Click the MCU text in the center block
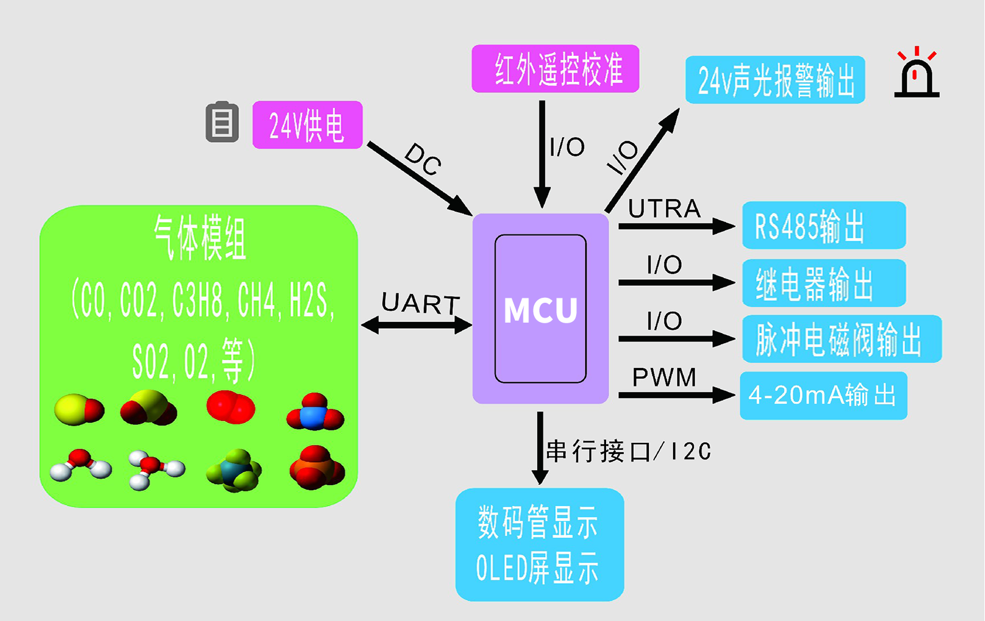[x=540, y=310]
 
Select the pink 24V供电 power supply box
[x=307, y=125]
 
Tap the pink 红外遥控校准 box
[x=555, y=69]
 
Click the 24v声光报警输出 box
[x=775, y=80]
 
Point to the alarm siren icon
[x=917, y=74]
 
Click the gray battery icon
[x=222, y=122]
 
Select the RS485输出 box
[x=824, y=225]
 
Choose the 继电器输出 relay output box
[x=824, y=283]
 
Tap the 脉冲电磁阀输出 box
[x=842, y=339]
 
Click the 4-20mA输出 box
[x=823, y=396]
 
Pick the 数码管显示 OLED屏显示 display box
[x=539, y=545]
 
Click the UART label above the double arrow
[x=421, y=304]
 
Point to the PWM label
[x=664, y=377]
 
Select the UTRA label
[x=664, y=209]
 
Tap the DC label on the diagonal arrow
[x=423, y=159]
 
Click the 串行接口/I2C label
[x=628, y=451]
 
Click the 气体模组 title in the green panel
[x=200, y=239]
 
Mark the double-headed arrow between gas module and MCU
[x=416, y=325]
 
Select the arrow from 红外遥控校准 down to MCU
[x=542, y=155]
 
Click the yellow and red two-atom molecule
[x=79, y=409]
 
